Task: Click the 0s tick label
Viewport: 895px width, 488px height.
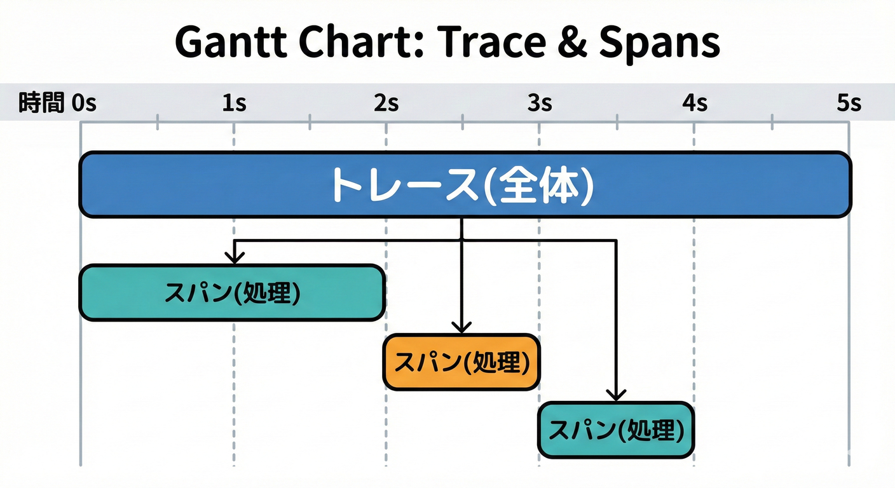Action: click(84, 103)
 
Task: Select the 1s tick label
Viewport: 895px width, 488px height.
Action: click(234, 103)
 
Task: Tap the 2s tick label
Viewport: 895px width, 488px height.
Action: click(386, 103)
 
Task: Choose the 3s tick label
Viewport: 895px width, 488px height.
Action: click(539, 103)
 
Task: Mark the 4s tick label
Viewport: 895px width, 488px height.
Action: click(694, 103)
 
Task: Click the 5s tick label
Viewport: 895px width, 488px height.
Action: click(849, 103)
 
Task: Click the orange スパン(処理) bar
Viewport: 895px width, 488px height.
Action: click(461, 362)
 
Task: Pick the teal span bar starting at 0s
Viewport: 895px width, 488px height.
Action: click(232, 293)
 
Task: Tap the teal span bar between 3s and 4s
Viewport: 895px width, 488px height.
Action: click(615, 431)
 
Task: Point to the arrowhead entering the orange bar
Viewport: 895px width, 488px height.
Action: click(461, 327)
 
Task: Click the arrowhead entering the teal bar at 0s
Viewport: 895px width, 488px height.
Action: click(235, 257)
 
